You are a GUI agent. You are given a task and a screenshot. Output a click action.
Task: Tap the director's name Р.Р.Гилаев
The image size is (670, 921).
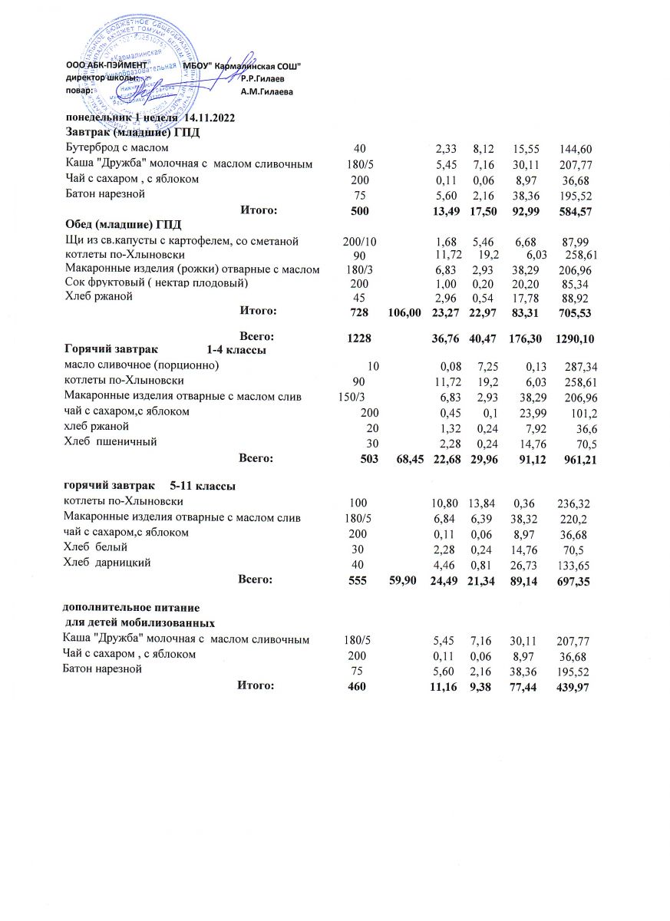tap(262, 78)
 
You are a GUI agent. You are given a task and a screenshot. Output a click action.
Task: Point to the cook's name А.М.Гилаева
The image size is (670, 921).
tap(266, 92)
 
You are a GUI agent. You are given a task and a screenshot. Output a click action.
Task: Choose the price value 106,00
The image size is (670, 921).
tap(405, 312)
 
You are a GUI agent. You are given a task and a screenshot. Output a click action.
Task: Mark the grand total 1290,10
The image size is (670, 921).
tap(574, 338)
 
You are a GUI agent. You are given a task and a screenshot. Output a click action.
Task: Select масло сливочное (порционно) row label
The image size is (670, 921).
tap(141, 365)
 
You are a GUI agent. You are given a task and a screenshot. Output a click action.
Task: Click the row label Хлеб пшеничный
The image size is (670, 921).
tap(111, 441)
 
